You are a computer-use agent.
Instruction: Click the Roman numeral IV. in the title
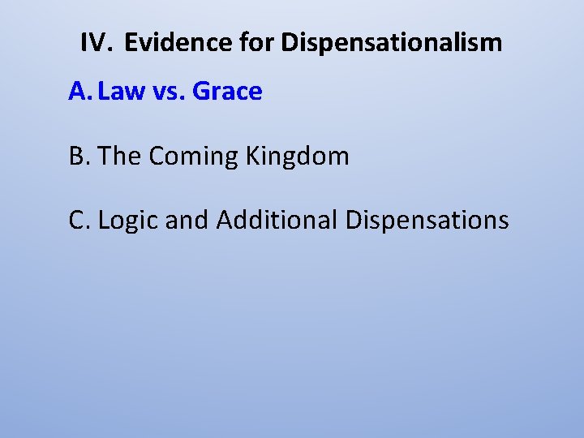coord(98,42)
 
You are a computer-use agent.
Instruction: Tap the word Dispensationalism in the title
coord(391,42)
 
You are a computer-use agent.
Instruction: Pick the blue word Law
coord(120,92)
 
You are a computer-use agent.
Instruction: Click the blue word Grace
coord(227,92)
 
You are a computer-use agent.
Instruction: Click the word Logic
coord(127,220)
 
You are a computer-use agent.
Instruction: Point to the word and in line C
coord(187,219)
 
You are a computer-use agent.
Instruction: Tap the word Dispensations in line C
coord(427,220)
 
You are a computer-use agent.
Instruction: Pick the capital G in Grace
coord(200,92)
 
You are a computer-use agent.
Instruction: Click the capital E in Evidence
coord(131,42)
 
